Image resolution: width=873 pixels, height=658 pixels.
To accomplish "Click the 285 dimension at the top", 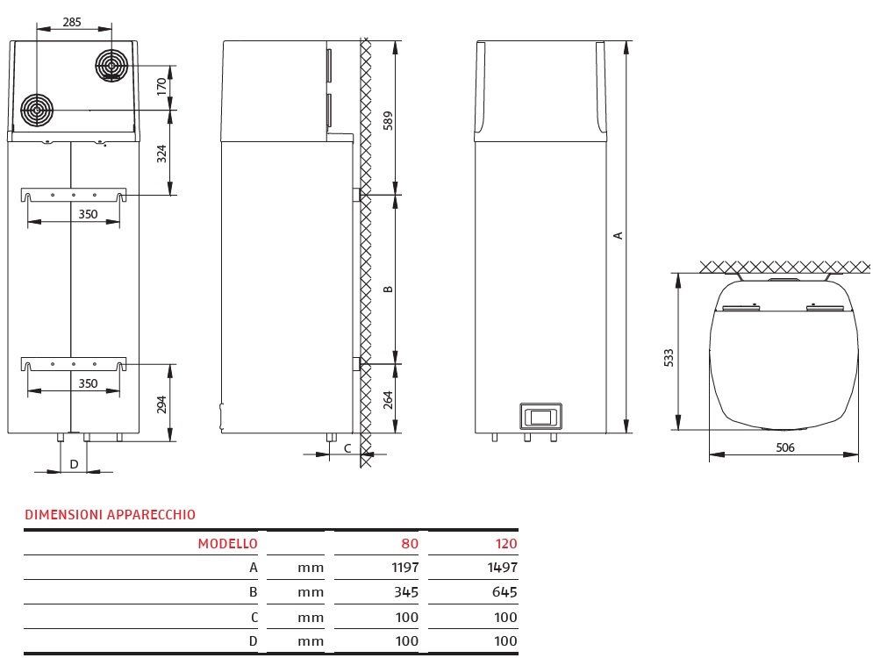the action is point(72,22).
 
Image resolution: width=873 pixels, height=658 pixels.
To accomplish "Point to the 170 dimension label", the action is point(161,86).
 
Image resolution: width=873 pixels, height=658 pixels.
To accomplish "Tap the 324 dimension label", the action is point(161,153).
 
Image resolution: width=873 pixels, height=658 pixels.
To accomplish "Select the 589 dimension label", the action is point(388,120).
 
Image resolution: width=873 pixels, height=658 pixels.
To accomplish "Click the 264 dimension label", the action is point(388,399).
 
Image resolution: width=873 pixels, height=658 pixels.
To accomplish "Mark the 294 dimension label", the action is point(161,404).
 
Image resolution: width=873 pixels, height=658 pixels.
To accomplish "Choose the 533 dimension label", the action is point(668,357).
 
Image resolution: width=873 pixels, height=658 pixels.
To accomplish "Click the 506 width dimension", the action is point(785,447).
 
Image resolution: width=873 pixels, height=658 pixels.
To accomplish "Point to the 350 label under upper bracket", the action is point(88,214).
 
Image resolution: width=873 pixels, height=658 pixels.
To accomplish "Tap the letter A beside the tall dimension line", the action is point(618,235).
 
